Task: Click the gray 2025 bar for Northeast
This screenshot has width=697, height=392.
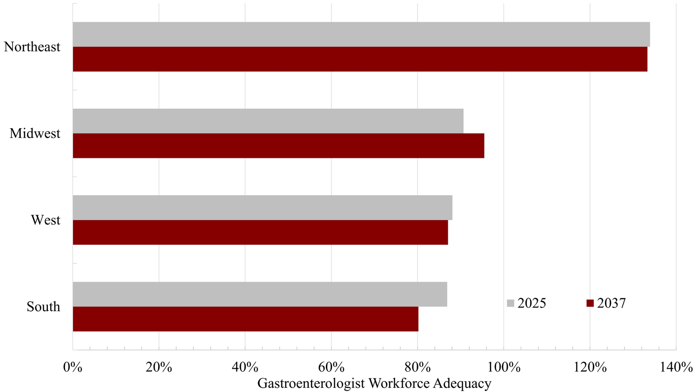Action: tap(361, 34)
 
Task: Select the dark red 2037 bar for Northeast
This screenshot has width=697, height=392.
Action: tap(360, 59)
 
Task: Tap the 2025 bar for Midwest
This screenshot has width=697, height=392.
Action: tap(268, 121)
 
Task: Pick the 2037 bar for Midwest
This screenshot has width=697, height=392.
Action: tap(278, 146)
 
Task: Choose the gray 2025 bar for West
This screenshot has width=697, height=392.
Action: tap(262, 208)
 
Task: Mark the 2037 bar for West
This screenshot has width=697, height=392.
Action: tap(260, 232)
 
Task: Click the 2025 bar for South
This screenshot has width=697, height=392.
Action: tap(259, 294)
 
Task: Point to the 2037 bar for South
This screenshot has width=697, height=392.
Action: tap(245, 319)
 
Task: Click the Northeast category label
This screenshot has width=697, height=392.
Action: tap(32, 47)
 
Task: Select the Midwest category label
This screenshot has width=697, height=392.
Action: tap(35, 134)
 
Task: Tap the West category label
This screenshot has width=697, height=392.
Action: tap(46, 220)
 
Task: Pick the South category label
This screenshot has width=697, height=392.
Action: tap(43, 307)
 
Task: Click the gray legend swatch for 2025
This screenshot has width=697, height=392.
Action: tap(511, 303)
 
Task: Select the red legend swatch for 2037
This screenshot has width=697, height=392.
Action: tap(590, 303)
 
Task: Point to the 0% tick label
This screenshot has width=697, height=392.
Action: tap(73, 367)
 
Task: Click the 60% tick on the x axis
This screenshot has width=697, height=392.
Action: tap(331, 367)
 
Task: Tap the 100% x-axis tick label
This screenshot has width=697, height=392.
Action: tap(504, 367)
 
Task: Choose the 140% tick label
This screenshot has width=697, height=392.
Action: tap(676, 367)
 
